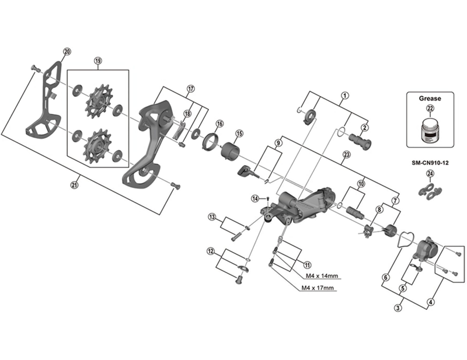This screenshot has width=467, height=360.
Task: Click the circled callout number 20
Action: point(67,52)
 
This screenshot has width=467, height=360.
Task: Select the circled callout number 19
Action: point(97,61)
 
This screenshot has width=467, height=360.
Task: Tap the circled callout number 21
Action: point(74,185)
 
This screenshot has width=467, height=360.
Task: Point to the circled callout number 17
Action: point(190,89)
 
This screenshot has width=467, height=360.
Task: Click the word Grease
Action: point(430,99)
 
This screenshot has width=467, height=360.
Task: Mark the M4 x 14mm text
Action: point(320,276)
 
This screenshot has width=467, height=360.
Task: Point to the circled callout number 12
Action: point(210,251)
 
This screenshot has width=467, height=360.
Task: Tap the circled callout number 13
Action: point(212,217)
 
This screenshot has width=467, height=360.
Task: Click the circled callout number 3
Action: point(398,307)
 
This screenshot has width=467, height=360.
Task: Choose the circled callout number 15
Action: point(239,134)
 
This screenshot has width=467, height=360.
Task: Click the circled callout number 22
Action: point(430,109)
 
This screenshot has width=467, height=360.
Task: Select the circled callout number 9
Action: point(278,142)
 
